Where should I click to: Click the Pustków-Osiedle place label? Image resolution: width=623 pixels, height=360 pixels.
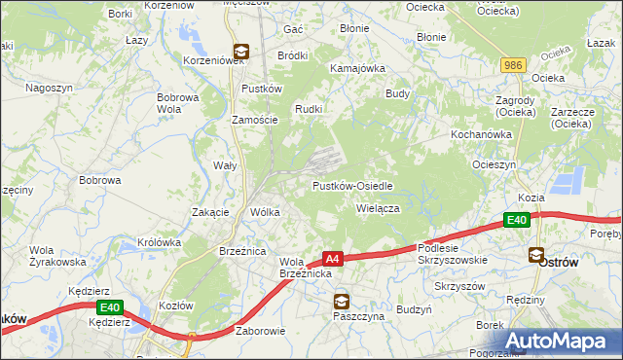352,186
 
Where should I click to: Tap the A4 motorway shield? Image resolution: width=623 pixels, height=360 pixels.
333,259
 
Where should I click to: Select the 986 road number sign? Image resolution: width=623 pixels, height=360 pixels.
514,65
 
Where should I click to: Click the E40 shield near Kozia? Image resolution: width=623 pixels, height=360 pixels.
518,222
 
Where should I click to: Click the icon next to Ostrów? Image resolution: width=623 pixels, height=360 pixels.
536,255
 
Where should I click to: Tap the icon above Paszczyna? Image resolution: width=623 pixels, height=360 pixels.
341,302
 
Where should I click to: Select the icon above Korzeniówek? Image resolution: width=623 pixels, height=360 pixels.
240,54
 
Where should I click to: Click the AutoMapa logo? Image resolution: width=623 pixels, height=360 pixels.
556,341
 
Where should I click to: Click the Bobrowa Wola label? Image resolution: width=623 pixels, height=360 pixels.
178,103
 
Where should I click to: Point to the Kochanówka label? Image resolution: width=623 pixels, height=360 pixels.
481,133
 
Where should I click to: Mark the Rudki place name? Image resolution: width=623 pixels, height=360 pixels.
309,108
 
